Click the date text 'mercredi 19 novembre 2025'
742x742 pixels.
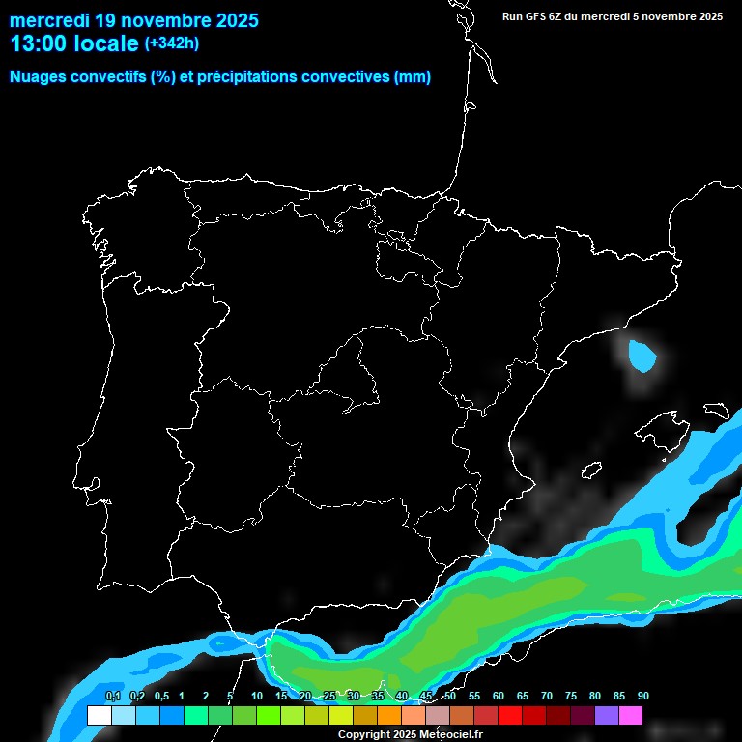134,20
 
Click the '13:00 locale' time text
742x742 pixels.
74,43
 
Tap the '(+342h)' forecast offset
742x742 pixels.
172,43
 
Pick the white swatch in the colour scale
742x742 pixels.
99,716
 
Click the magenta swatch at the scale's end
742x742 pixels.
631,716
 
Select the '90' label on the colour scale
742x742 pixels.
643,697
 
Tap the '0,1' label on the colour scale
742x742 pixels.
113,697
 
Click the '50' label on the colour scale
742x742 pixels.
450,697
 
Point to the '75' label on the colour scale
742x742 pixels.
571,697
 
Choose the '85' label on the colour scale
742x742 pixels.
619,697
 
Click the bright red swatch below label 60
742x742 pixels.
510,716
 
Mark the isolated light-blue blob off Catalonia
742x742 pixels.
641,356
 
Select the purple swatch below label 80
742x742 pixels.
607,716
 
